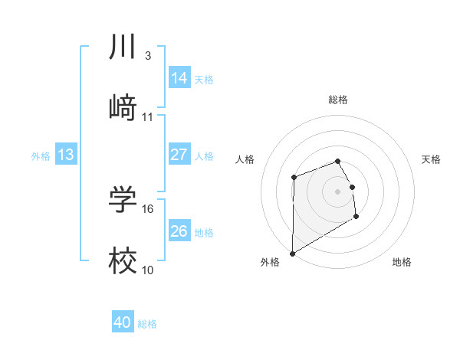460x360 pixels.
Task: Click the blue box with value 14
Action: click(x=179, y=78)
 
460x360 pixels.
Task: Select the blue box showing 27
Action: click(x=179, y=155)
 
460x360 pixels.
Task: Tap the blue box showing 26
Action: click(x=179, y=231)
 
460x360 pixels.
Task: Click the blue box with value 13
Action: click(x=65, y=155)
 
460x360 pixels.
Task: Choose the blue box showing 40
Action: click(x=123, y=323)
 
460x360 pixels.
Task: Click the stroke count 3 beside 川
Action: click(x=147, y=56)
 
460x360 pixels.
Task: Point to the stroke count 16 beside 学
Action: click(x=149, y=208)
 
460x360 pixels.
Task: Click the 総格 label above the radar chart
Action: click(x=338, y=100)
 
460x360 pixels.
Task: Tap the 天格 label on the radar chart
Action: click(x=432, y=159)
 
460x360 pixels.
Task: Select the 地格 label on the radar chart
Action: click(x=402, y=263)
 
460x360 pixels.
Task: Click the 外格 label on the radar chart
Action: click(x=270, y=263)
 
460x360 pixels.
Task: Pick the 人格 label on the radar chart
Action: click(x=245, y=159)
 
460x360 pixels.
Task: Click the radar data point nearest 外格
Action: click(x=292, y=253)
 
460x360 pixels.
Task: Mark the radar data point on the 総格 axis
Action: click(x=337, y=161)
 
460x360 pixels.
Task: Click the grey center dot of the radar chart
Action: click(x=337, y=191)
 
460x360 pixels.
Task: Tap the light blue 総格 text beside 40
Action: click(x=147, y=324)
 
